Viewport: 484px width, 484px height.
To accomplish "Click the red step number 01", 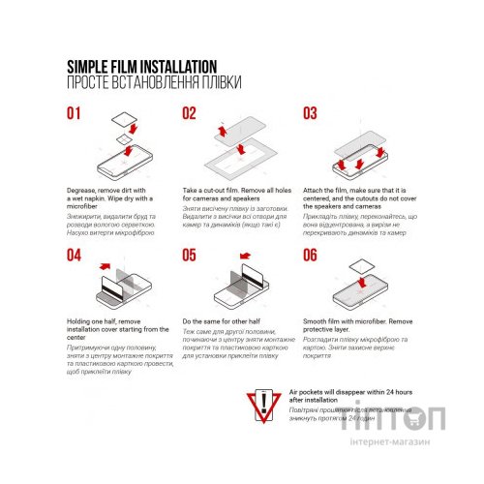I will coord(76,113).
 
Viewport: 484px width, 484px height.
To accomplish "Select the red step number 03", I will coord(310,113).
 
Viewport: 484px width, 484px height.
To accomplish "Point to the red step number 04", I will coord(76,256).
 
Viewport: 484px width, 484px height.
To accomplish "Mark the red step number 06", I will coord(310,256).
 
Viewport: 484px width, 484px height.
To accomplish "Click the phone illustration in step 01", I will coord(126,156).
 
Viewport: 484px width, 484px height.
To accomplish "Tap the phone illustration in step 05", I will coord(242,290).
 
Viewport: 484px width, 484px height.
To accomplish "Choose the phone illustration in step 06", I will coord(360,290).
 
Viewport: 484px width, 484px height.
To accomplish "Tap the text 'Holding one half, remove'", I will coord(106,319).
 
